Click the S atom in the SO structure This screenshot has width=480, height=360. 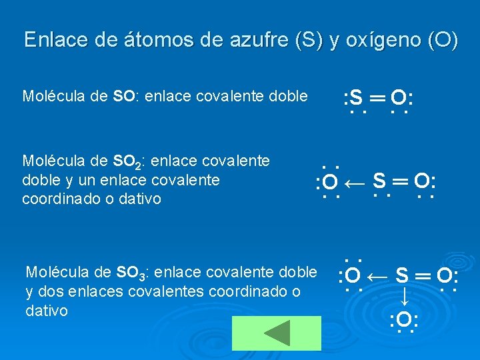tap(356, 99)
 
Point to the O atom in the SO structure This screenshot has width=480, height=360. tap(399, 99)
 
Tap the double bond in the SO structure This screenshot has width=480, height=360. tap(377, 98)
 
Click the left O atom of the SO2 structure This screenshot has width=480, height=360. tap(330, 181)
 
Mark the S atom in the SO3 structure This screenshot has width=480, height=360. tap(402, 275)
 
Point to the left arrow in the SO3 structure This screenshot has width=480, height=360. tap(377, 275)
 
